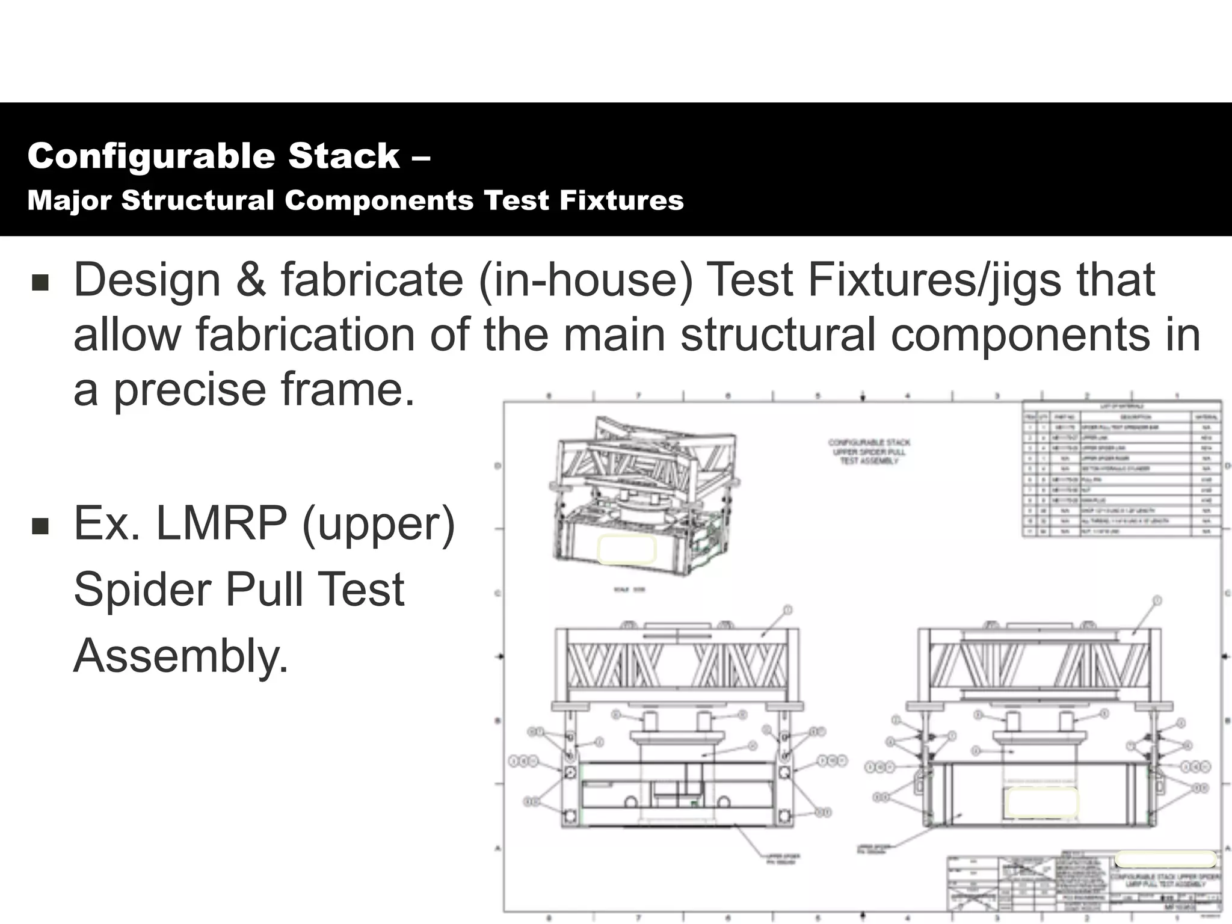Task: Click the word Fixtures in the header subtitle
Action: click(x=621, y=201)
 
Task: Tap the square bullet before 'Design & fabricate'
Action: click(x=40, y=282)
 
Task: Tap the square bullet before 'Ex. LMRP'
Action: click(x=40, y=526)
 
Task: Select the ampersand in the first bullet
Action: click(x=250, y=280)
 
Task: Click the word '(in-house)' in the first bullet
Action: click(x=586, y=280)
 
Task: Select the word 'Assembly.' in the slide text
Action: click(x=181, y=656)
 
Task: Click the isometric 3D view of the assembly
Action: click(x=644, y=493)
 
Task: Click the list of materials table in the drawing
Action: click(x=1121, y=469)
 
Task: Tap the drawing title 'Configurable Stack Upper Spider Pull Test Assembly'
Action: click(x=869, y=451)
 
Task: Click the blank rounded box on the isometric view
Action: click(x=626, y=550)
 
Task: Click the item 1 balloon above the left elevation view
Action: click(x=788, y=610)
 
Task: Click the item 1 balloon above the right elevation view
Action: click(x=1157, y=600)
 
